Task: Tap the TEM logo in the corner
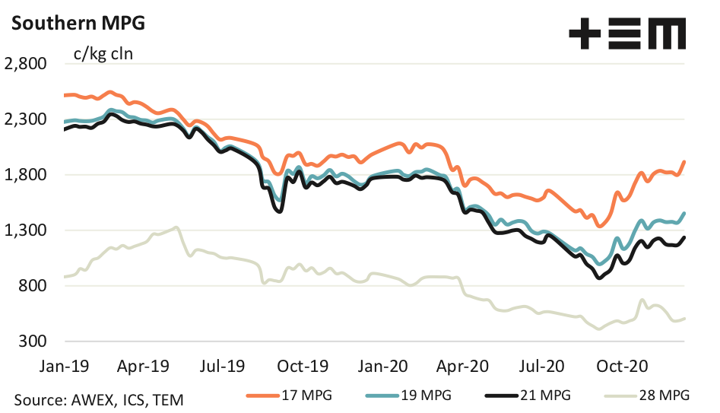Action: (627, 34)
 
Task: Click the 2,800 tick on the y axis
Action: (25, 64)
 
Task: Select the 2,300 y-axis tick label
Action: (25, 119)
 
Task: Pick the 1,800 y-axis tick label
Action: (25, 175)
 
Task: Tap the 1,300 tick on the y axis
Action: (25, 230)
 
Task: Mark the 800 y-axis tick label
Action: (32, 286)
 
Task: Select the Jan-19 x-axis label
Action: (65, 367)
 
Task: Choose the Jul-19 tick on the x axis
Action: (223, 367)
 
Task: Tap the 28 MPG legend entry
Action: (650, 395)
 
